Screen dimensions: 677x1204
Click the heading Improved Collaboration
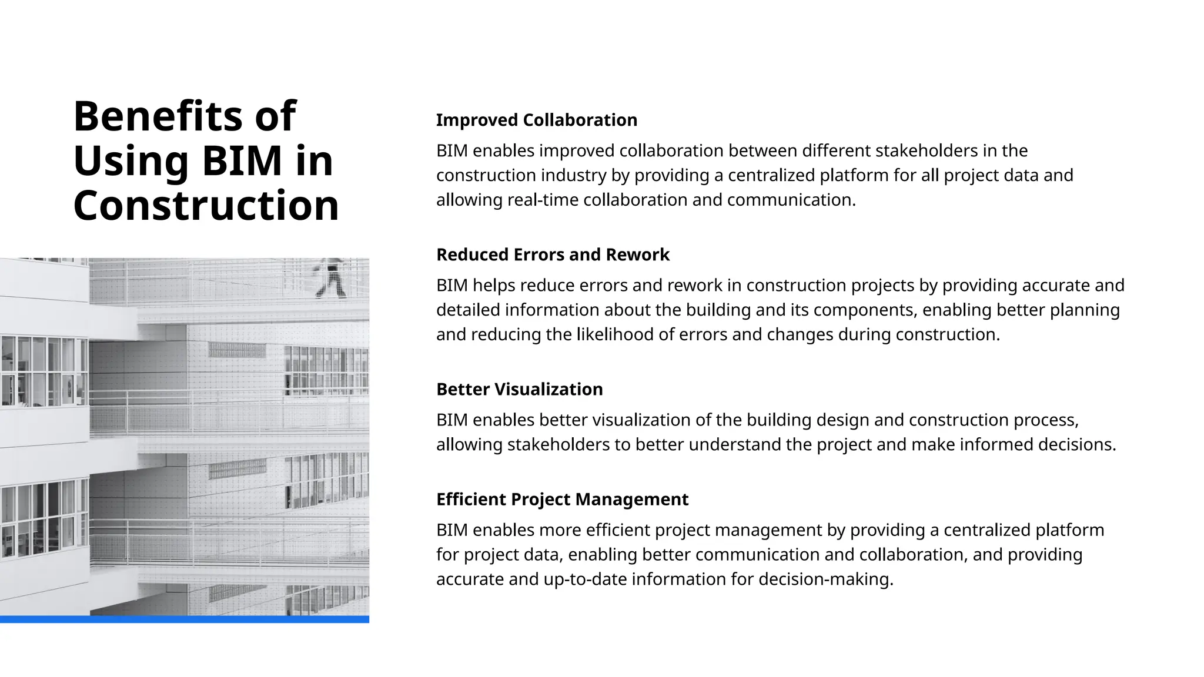536,120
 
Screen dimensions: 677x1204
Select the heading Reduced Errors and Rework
553,254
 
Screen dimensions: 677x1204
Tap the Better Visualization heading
519,389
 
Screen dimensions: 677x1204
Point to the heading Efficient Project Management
562,499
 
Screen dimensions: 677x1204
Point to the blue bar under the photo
185,619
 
